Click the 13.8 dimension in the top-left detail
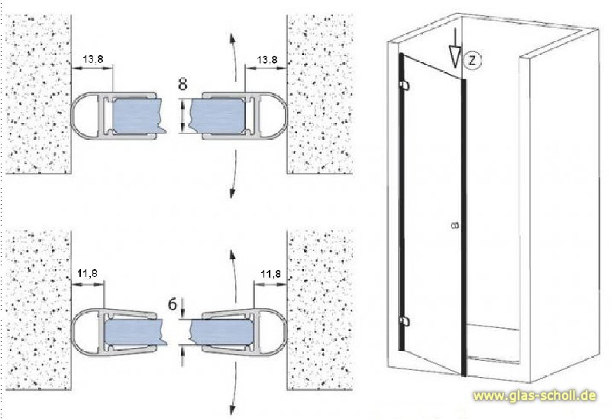tap(92, 60)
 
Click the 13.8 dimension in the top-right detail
tap(267, 60)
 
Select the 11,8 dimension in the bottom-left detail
tap(87, 274)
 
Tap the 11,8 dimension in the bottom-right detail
tap(271, 274)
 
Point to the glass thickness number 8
tap(183, 84)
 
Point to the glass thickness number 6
tap(173, 304)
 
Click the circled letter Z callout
tap(472, 60)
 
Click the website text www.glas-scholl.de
tap(535, 395)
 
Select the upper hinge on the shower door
tap(405, 84)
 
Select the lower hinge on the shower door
tap(405, 321)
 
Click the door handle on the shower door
tap(454, 225)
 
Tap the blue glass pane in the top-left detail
tap(137, 115)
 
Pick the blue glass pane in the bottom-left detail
tap(134, 333)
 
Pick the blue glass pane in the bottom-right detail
tap(220, 333)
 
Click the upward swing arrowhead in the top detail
tap(232, 39)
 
